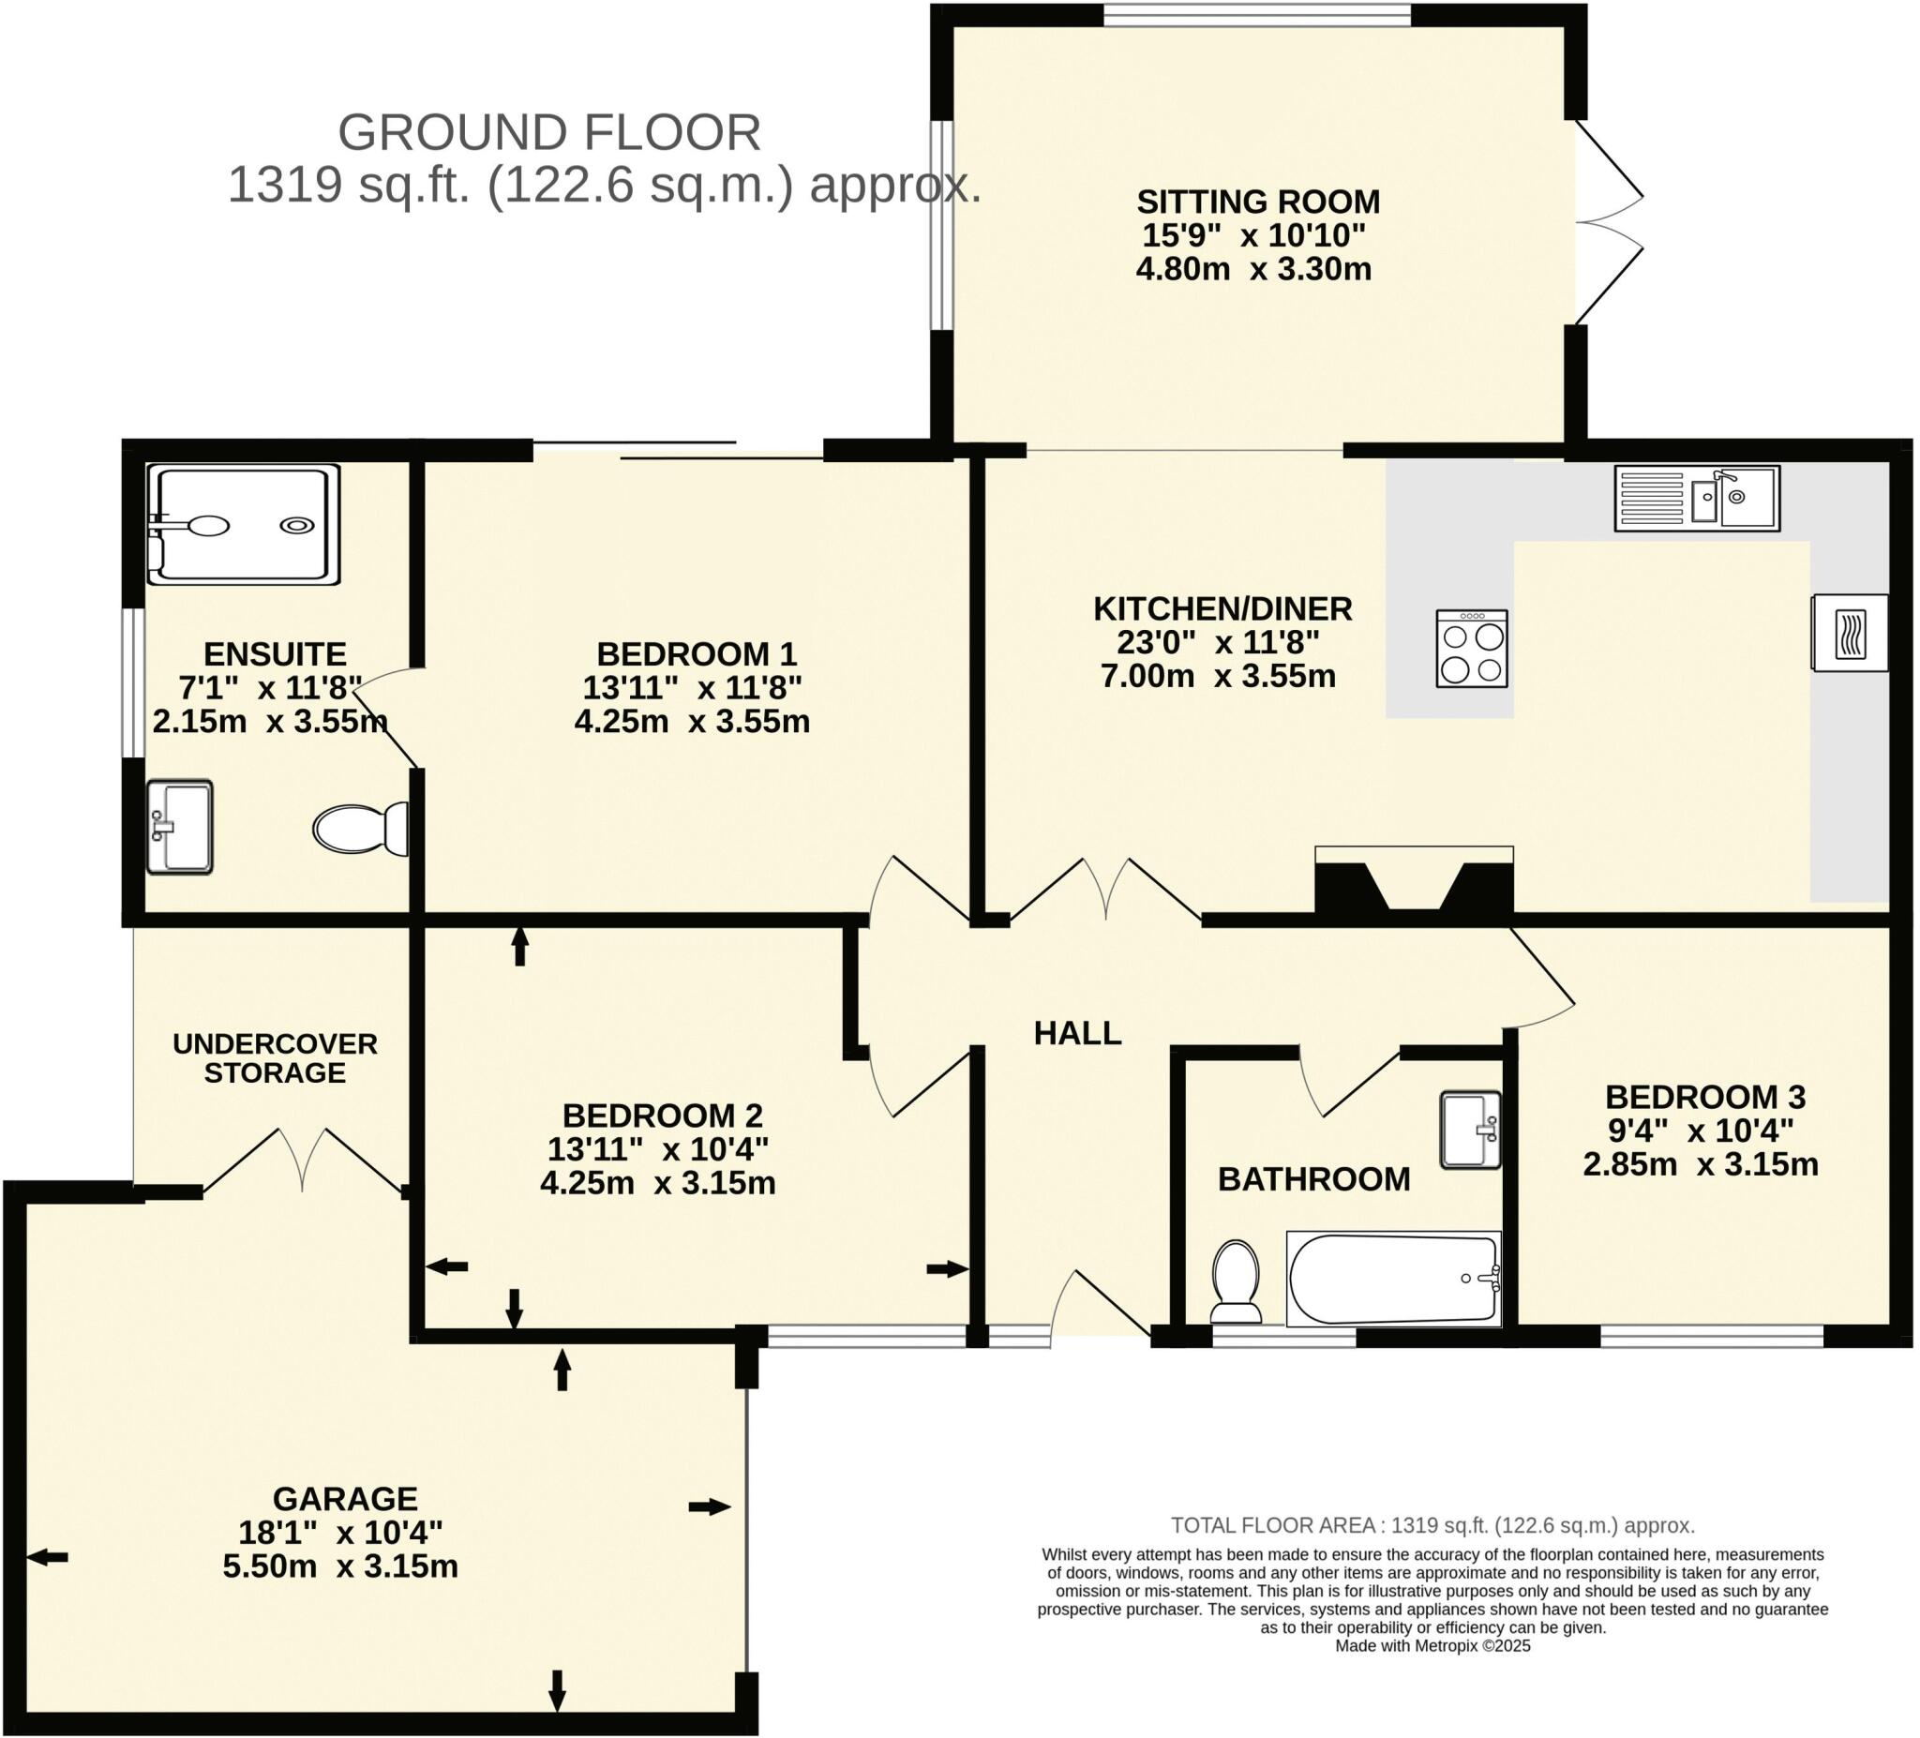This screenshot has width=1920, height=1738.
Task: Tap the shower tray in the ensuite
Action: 244,524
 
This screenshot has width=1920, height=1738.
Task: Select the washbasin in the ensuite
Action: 179,827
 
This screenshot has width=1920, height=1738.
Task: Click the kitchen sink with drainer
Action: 1696,498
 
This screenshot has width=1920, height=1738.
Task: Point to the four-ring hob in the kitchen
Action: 1472,649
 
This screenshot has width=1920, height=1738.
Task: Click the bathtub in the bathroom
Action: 1392,1279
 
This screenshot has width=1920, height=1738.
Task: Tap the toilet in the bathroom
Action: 1237,1281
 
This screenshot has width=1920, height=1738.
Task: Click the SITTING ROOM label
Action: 1257,202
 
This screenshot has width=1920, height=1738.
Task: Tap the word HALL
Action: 1077,1033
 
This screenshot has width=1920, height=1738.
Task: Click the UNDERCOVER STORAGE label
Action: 276,1058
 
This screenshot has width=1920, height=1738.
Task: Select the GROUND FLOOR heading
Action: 549,132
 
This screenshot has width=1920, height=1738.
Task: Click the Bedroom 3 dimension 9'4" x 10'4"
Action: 1700,1131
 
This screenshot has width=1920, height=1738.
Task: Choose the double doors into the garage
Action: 303,1163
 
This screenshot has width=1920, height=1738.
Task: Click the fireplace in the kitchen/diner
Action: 1414,883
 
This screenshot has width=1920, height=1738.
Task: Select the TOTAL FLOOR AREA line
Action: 1432,1525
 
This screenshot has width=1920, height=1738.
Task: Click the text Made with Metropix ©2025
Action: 1432,1645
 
